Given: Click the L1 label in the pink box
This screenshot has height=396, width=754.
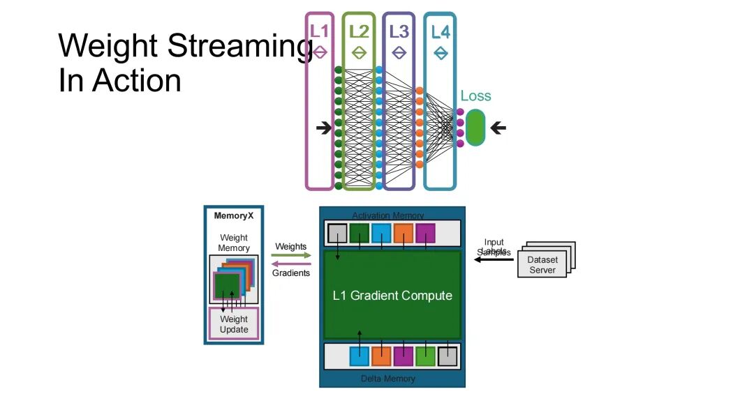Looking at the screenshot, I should (320, 31).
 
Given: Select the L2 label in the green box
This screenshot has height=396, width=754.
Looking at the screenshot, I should (359, 31).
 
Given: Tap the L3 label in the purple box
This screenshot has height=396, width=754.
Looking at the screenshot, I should (399, 31).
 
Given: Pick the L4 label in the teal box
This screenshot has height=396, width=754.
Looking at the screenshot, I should (441, 31).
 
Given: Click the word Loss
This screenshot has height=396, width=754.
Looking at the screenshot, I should (475, 96).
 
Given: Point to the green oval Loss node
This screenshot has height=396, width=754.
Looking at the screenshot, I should (475, 128).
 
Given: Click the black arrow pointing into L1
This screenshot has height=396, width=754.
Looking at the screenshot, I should (324, 128).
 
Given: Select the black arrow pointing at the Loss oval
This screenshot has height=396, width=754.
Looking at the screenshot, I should (498, 128).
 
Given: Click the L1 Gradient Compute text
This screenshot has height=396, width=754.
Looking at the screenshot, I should (392, 296).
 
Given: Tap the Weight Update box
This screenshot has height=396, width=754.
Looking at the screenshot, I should (234, 325).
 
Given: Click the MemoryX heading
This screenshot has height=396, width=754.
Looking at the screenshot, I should (234, 216).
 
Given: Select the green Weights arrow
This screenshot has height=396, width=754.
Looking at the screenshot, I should (291, 256).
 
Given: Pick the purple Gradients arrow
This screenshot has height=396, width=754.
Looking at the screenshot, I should (291, 264).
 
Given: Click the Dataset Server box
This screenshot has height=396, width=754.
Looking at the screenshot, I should (542, 265).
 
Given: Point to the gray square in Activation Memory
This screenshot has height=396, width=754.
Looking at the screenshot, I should (338, 233).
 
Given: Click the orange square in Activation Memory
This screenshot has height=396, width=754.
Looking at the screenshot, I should (404, 233).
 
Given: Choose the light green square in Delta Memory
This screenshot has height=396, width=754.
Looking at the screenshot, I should (425, 356).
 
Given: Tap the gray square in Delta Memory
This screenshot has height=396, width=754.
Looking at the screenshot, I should (447, 356).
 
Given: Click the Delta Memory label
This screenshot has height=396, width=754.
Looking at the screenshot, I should (388, 379).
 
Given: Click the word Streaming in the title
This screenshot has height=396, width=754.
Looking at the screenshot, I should (241, 47).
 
